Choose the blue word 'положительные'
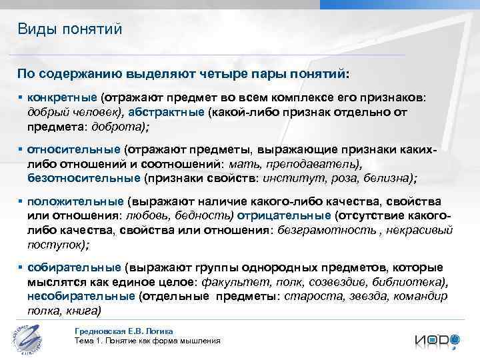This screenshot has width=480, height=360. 75,201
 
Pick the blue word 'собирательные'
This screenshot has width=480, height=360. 73,267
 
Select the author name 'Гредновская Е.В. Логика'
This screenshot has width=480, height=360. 125,331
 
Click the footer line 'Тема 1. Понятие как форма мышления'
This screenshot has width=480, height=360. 148,341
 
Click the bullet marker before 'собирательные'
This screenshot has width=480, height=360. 21,267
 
